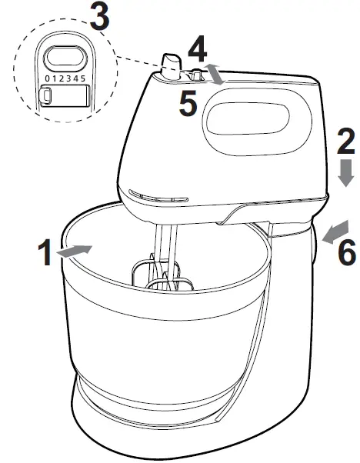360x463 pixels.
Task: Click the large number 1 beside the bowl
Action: pyautogui.click(x=48, y=253)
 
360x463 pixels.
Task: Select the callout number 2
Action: pyautogui.click(x=347, y=142)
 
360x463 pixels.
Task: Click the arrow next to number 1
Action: pyautogui.click(x=77, y=250)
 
